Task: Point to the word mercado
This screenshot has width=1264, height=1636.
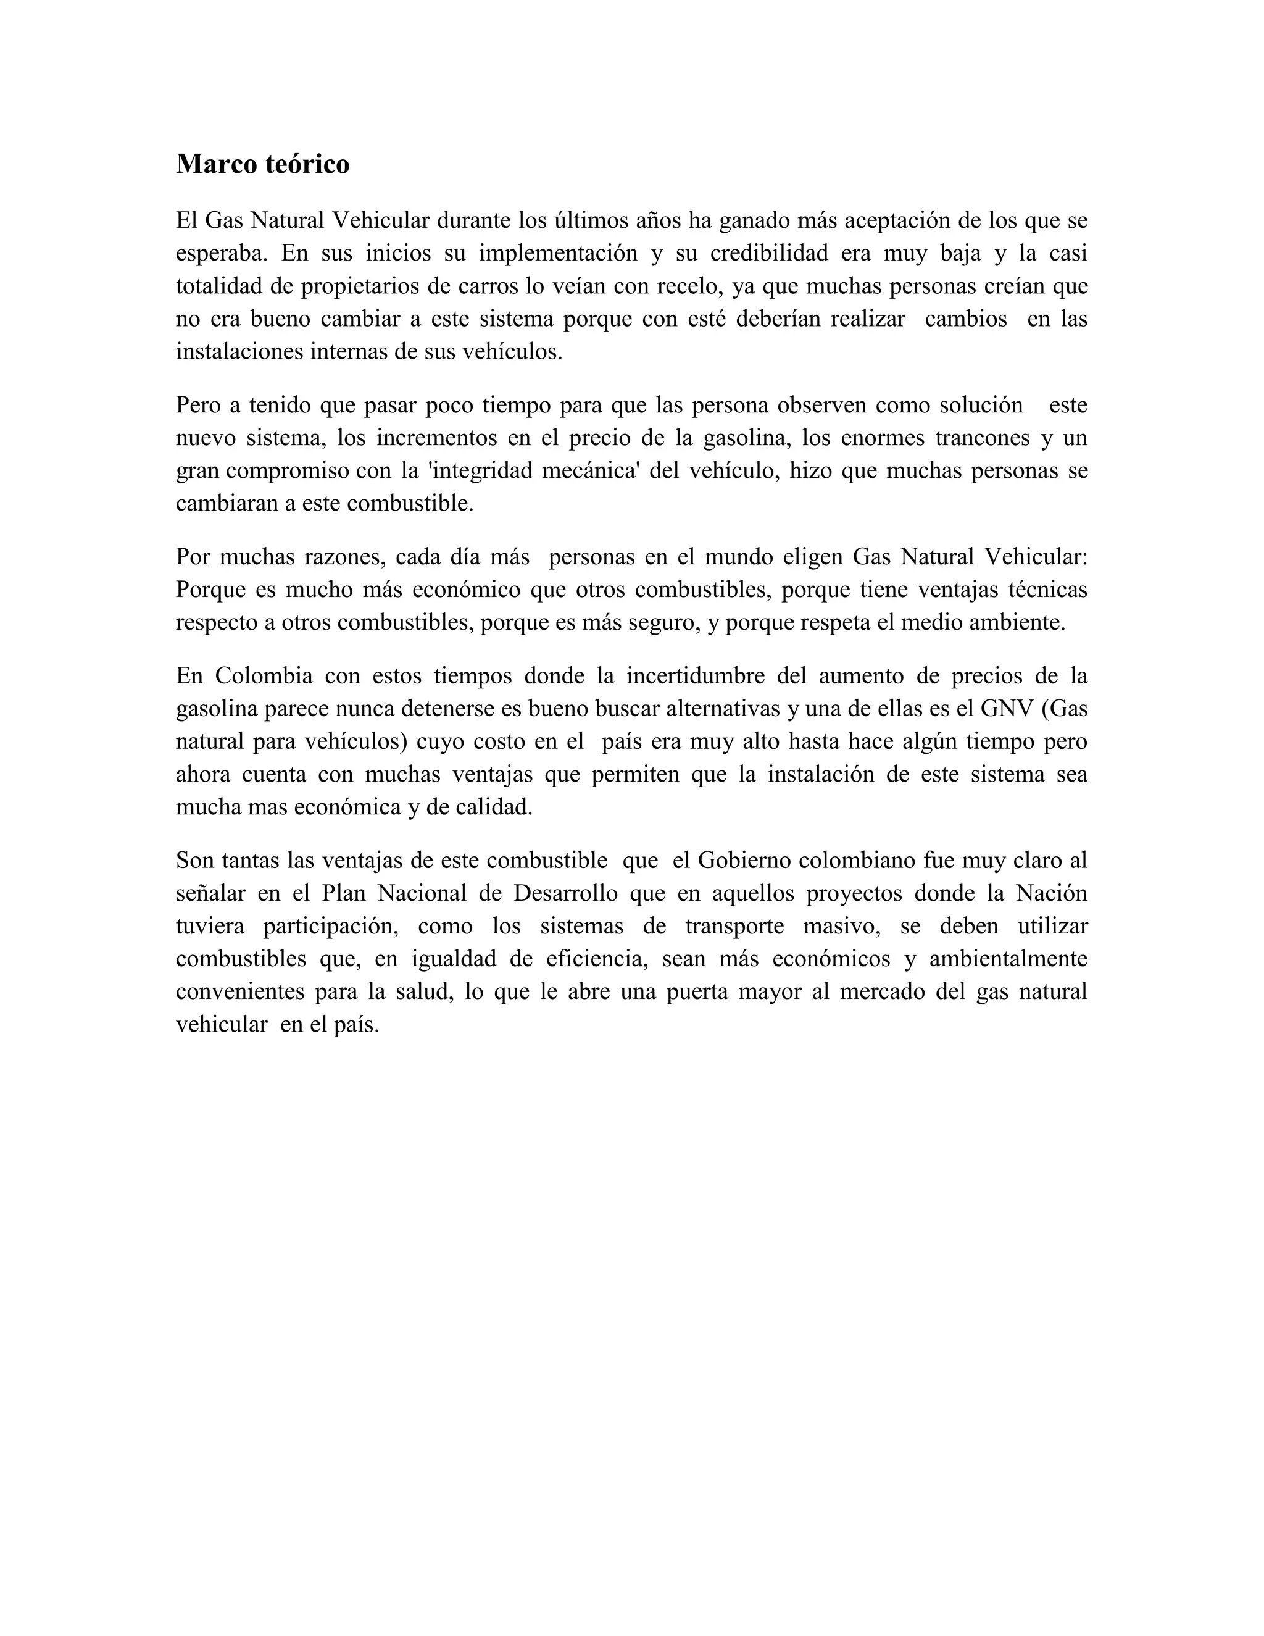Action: tap(881, 992)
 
